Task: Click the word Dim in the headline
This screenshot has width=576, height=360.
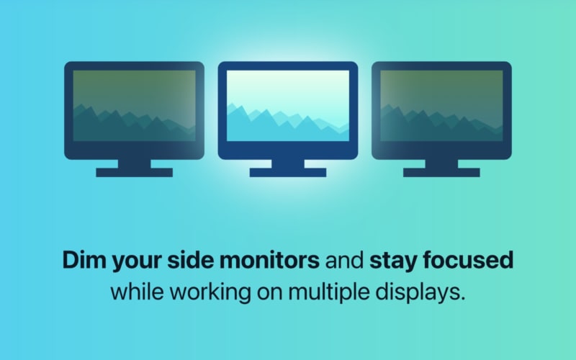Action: [x=84, y=259]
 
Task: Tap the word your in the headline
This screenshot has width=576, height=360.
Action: [x=137, y=262]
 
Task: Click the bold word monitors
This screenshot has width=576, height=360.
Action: [x=269, y=259]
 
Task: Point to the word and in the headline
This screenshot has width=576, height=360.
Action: [x=344, y=259]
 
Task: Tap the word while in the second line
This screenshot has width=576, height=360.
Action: [x=137, y=292]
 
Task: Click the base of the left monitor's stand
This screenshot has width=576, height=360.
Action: [x=135, y=172]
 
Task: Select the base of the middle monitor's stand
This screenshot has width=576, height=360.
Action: [x=288, y=172]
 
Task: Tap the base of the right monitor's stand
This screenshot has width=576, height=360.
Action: [x=441, y=172]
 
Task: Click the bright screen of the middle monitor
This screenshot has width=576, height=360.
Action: [x=288, y=106]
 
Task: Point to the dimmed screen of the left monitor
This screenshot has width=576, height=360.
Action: [x=135, y=106]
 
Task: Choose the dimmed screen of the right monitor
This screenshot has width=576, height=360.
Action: [x=441, y=106]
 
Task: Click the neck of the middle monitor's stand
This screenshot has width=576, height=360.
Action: [x=288, y=164]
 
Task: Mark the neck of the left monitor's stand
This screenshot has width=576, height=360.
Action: [x=135, y=164]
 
